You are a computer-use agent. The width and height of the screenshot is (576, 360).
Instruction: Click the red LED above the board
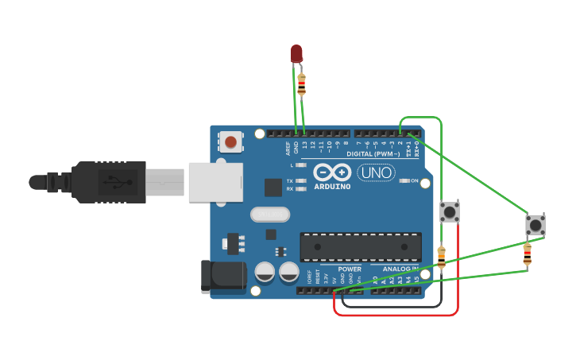tap(296, 53)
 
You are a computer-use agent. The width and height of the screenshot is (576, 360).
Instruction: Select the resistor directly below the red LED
tap(301, 83)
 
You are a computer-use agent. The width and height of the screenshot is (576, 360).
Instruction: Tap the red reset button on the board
tap(230, 142)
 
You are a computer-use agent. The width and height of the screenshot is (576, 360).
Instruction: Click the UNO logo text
tap(376, 172)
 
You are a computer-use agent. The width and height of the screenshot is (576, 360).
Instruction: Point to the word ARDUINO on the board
tap(332, 187)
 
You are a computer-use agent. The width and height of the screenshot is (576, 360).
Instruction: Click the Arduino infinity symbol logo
tap(332, 172)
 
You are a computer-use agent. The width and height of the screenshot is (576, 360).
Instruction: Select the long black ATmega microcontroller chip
tap(361, 247)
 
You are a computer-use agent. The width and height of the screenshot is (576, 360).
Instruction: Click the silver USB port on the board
tap(215, 182)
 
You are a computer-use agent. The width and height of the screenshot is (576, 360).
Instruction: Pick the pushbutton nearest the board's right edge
tap(450, 212)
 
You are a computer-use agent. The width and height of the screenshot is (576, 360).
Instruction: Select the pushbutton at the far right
tap(535, 225)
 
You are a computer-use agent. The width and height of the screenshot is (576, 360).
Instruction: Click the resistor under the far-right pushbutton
tap(527, 255)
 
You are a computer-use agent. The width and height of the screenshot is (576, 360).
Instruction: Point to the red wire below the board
tap(397, 314)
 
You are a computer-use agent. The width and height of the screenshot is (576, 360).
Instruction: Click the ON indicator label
tap(415, 181)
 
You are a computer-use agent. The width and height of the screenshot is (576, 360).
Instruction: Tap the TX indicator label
tap(290, 181)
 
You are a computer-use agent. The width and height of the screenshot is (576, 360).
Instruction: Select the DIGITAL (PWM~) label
tap(373, 153)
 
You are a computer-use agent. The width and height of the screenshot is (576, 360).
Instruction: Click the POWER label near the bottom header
tap(350, 269)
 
